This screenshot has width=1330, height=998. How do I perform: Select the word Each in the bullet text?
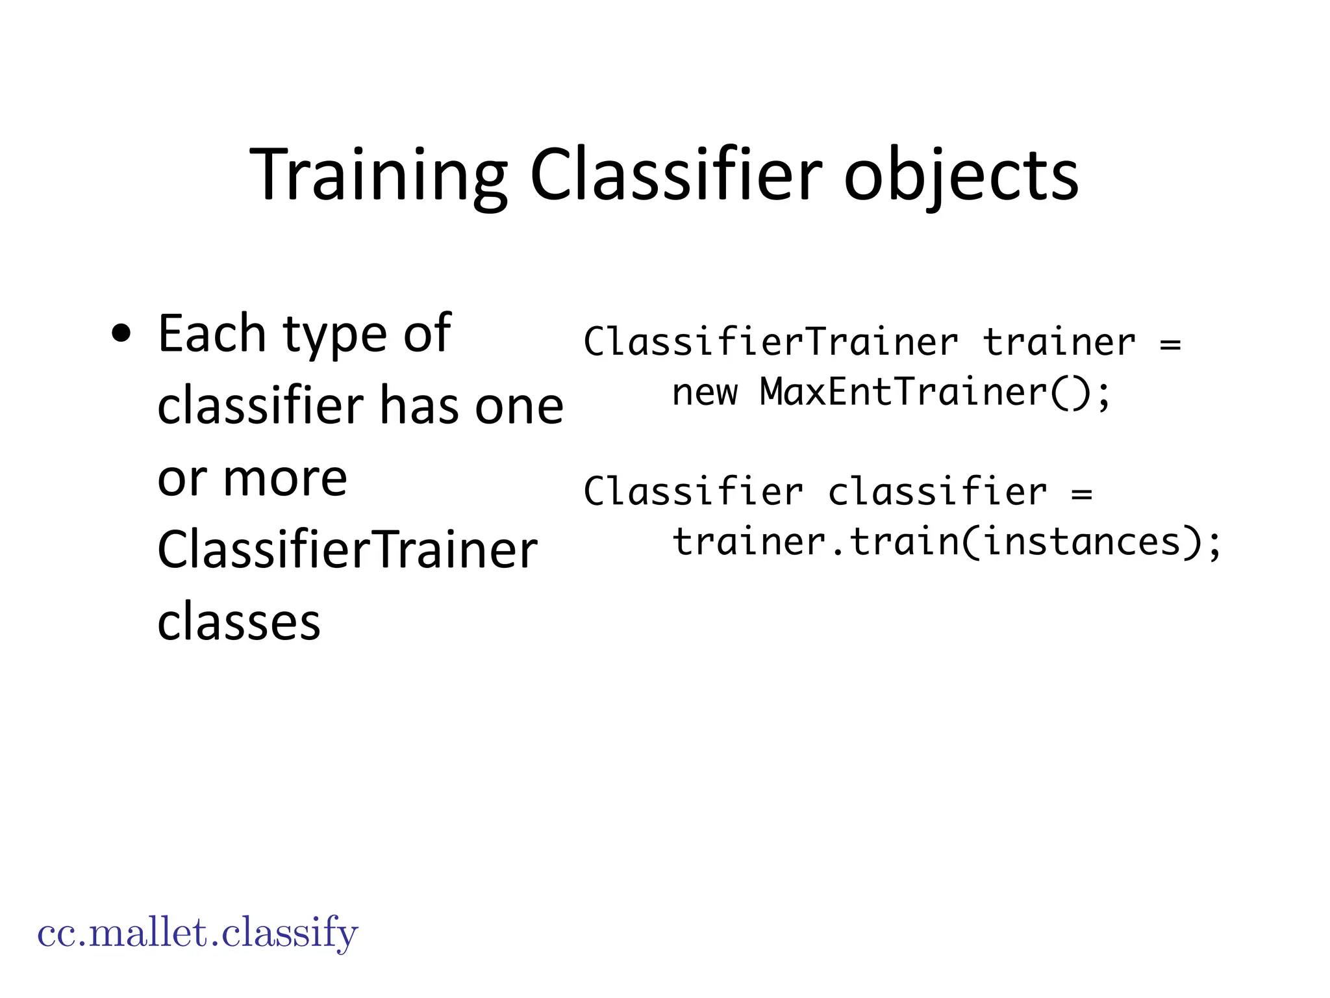point(211,334)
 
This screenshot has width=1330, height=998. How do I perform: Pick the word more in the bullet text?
point(285,479)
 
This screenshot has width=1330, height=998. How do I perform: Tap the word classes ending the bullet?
point(239,622)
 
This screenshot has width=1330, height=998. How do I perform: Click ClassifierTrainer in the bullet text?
point(347,550)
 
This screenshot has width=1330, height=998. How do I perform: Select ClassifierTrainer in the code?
point(771,342)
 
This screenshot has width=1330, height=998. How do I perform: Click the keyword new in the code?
point(705,392)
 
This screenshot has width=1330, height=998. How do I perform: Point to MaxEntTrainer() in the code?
point(935,392)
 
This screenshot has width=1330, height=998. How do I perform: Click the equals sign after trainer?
point(1170,343)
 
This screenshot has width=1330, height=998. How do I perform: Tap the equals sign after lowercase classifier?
point(1081,493)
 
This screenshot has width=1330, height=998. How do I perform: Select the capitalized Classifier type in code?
point(694,491)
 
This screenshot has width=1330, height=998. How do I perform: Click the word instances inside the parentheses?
point(1082,542)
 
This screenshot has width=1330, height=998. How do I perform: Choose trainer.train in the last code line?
point(815,542)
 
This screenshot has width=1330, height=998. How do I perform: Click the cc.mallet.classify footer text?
point(197,933)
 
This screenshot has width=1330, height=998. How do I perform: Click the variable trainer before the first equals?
point(1059,342)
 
